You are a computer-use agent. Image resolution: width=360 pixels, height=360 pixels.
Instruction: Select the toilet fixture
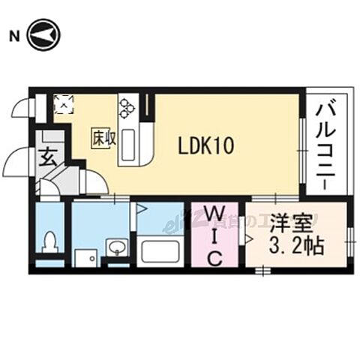tap(51, 242)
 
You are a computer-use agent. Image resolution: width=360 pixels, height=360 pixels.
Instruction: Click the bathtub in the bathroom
tap(160, 251)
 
